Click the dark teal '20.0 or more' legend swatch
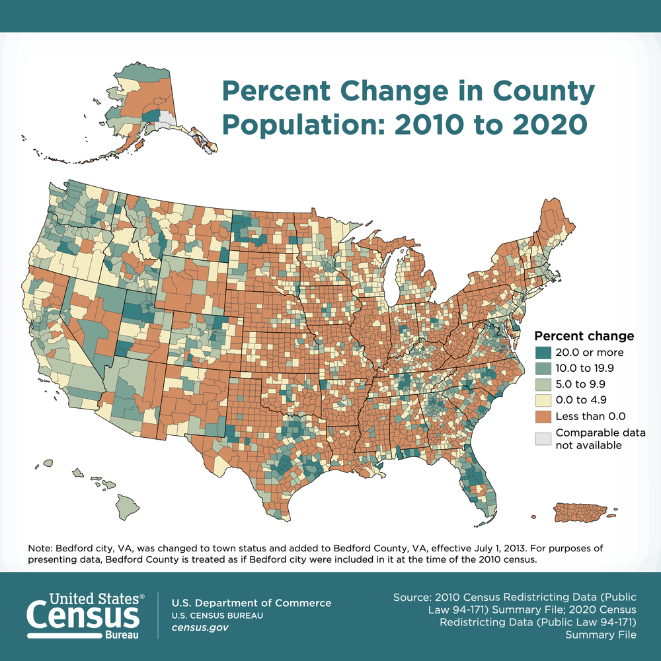pos(544,353)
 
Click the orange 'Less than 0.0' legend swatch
pos(544,416)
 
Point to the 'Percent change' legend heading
pos(584,335)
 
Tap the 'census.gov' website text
pos(200,627)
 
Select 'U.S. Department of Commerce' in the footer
pos(251,603)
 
